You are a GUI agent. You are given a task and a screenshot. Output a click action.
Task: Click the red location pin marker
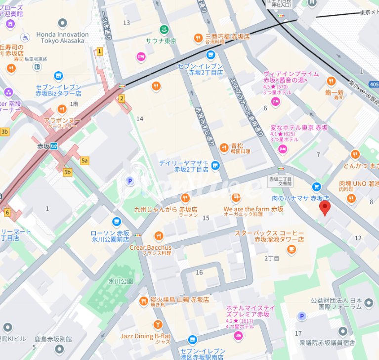325,208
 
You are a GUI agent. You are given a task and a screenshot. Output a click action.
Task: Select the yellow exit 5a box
84,160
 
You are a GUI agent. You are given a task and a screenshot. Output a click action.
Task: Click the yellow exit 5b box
68,172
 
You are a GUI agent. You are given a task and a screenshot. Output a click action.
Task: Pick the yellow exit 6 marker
7,212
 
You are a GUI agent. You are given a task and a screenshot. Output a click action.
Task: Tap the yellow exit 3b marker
4,132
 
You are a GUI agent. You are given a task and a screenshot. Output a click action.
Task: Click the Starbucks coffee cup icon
292,249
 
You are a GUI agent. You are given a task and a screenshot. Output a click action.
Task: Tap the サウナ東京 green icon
164,29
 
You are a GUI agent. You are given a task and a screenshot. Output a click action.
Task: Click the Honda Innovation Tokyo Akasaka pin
62,23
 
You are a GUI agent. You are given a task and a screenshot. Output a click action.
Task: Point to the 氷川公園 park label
121,281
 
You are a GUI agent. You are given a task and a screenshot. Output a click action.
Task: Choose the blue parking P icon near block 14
130,181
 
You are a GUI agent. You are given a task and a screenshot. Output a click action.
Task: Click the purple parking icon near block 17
301,316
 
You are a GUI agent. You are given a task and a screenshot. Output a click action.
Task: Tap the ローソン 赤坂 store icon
117,221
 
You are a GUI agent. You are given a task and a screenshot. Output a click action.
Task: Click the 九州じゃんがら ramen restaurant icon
185,197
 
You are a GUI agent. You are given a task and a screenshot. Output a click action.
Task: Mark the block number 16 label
199,272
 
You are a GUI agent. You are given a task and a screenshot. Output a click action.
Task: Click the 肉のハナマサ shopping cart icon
316,186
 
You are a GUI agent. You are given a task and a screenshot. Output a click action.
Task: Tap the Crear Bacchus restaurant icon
159,236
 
